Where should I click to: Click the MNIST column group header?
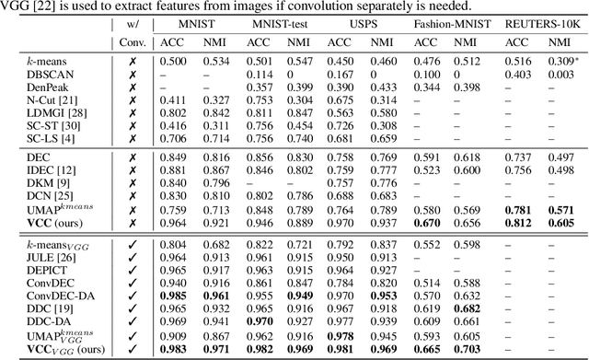(x=191, y=22)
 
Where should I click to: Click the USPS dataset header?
(x=363, y=22)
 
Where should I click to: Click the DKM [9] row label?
(x=22, y=183)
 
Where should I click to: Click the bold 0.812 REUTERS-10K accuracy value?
(x=518, y=222)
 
